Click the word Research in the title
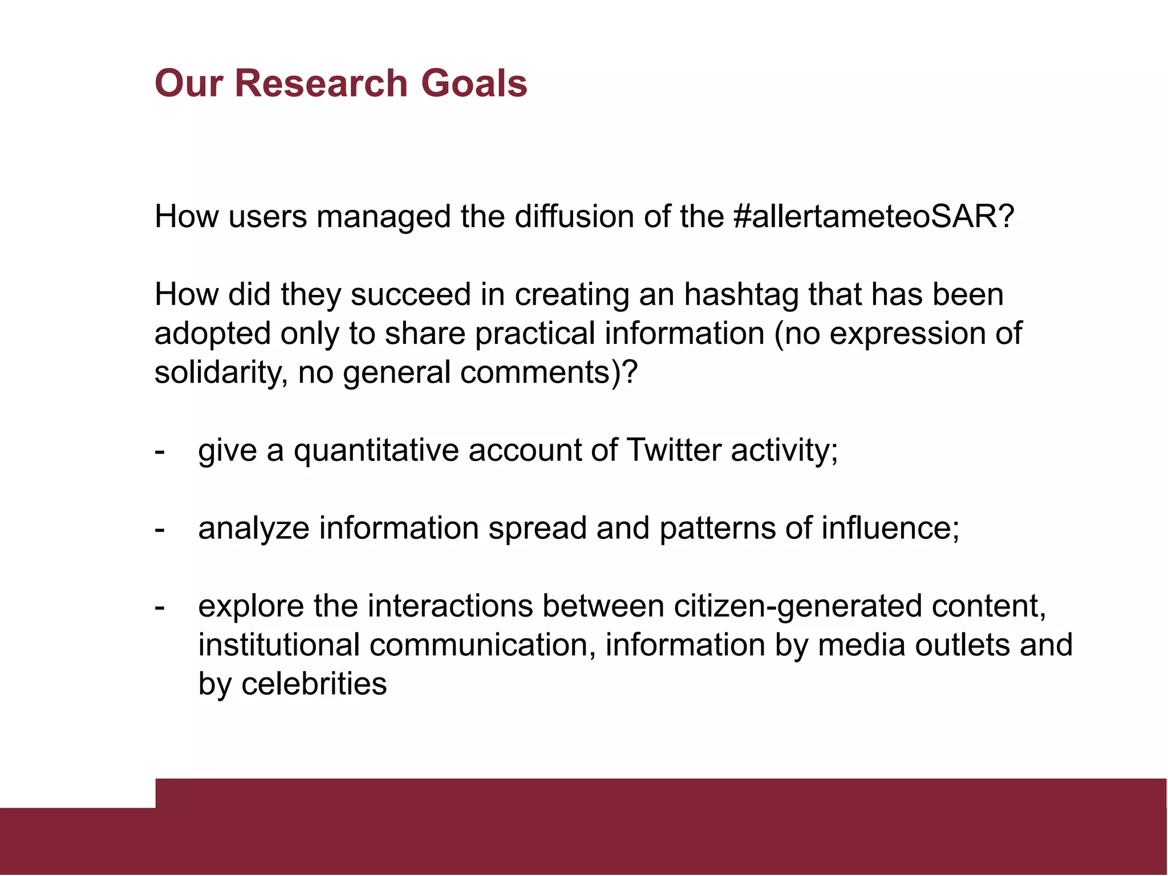coord(322,83)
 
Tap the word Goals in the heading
coord(474,83)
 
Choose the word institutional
coord(279,645)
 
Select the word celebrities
coord(314,684)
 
